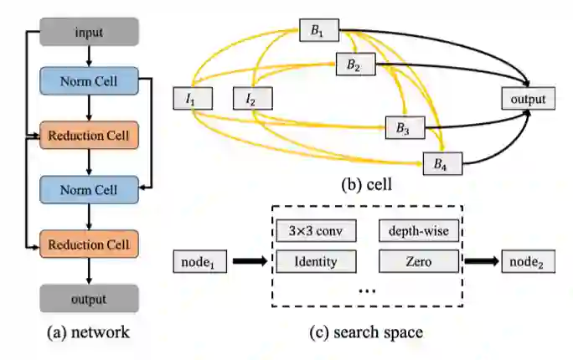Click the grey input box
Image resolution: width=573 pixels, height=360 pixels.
(90, 32)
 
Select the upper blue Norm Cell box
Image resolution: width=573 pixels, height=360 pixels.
(90, 82)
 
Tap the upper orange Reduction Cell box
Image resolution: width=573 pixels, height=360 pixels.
(90, 135)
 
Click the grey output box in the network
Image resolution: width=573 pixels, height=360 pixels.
(90, 297)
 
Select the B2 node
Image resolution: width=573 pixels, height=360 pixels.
(354, 65)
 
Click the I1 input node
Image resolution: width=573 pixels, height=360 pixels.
(191, 100)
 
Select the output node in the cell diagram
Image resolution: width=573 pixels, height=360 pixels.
(527, 100)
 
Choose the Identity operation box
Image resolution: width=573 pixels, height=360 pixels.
(317, 261)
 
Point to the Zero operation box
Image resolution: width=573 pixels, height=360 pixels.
(419, 261)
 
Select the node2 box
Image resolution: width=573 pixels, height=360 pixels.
(529, 261)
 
